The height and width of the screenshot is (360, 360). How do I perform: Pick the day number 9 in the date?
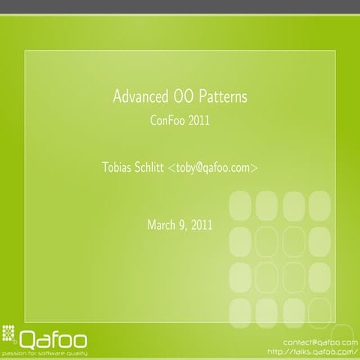[x=184, y=224]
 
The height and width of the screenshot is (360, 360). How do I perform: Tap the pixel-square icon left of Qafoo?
[x=10, y=332]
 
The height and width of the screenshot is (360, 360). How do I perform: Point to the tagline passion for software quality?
[x=45, y=351]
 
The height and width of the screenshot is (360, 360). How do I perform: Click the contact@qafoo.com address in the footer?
[x=321, y=342]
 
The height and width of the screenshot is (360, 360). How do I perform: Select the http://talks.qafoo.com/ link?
[x=313, y=351]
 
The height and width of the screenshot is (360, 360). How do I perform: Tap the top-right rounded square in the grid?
[x=319, y=205]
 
